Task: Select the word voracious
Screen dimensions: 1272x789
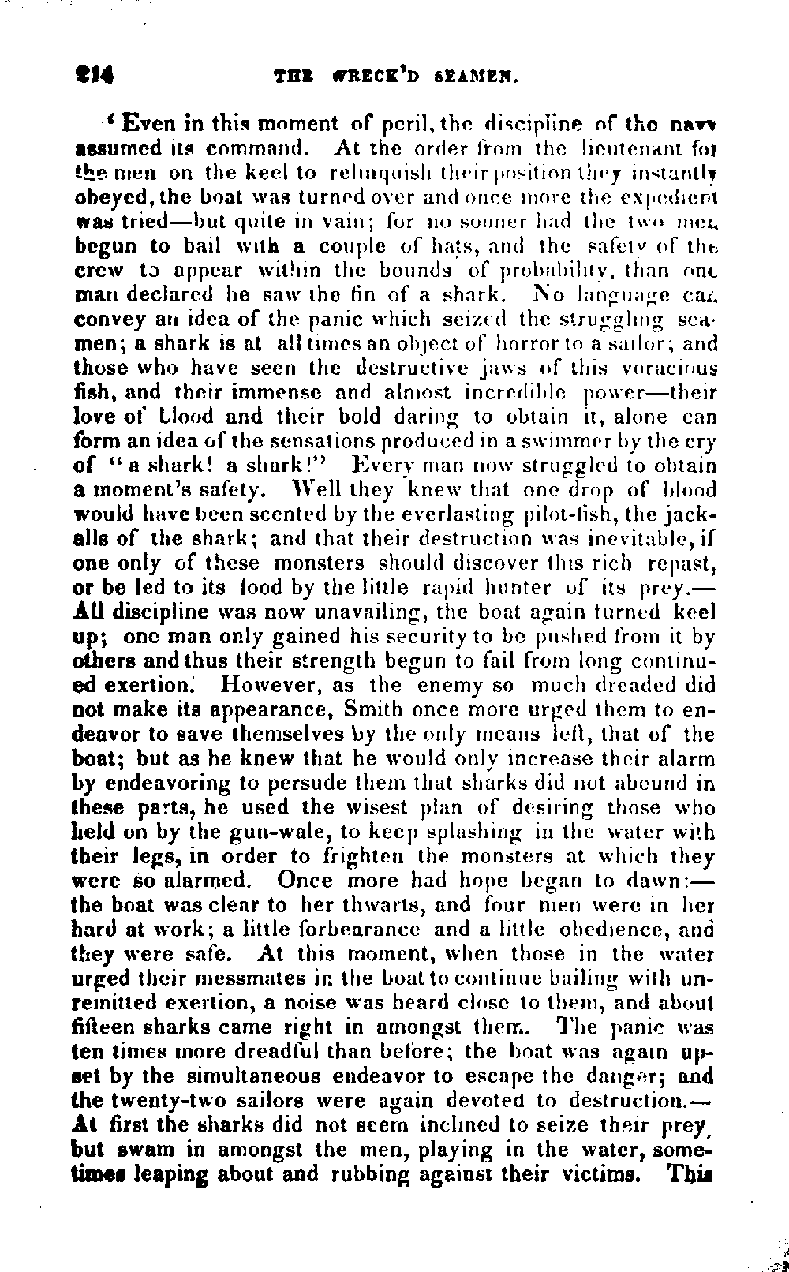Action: pyautogui.click(x=669, y=368)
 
